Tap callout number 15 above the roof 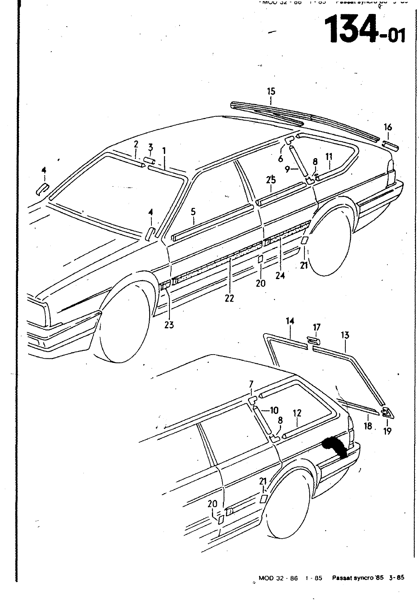point(271,91)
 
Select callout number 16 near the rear point(388,127)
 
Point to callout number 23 point(169,325)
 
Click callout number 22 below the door point(229,298)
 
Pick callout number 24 point(280,276)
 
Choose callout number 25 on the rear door point(271,180)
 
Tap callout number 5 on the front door point(193,212)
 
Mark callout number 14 point(290,321)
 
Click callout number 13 point(345,335)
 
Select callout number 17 point(316,328)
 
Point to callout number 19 point(387,431)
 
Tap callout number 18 point(368,426)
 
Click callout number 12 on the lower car point(297,413)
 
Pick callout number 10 point(274,411)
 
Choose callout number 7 point(251,384)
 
